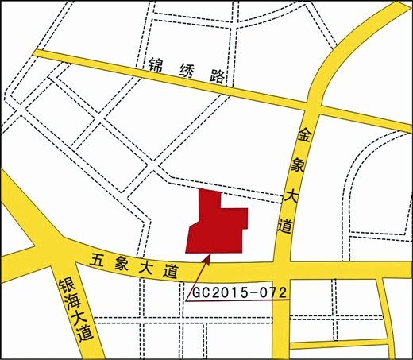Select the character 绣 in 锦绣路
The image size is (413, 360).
(186, 71)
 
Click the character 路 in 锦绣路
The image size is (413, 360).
(217, 77)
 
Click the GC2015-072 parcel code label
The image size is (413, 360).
(238, 292)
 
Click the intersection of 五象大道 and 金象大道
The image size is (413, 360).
(282, 269)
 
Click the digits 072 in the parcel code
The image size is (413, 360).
(271, 292)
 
